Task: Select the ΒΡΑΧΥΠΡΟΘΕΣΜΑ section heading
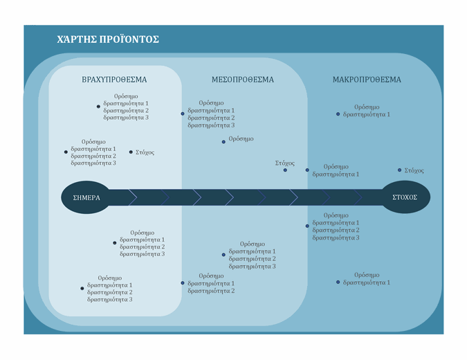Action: click(114, 80)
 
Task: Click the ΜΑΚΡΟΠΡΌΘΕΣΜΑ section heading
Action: click(366, 80)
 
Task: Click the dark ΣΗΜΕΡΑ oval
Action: click(86, 197)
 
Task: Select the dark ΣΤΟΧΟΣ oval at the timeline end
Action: click(405, 197)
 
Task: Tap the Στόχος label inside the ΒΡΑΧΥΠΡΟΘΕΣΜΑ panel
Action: click(145, 152)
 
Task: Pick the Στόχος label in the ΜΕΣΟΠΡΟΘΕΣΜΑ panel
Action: click(284, 163)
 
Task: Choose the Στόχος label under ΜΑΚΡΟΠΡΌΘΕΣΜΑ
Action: click(414, 170)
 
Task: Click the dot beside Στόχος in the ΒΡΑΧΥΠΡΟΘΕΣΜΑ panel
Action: click(131, 152)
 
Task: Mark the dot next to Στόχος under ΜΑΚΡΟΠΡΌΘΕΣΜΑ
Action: click(399, 170)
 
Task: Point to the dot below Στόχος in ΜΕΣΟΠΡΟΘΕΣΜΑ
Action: click(285, 170)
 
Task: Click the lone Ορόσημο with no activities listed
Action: click(241, 139)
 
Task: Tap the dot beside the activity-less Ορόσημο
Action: click(223, 141)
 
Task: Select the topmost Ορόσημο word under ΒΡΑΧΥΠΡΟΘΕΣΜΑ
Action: click(126, 96)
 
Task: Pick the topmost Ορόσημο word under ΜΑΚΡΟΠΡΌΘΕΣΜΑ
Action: click(367, 107)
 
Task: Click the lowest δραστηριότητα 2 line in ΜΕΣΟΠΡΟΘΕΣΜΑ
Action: click(211, 291)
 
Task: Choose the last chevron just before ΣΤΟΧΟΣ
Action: click(370, 197)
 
